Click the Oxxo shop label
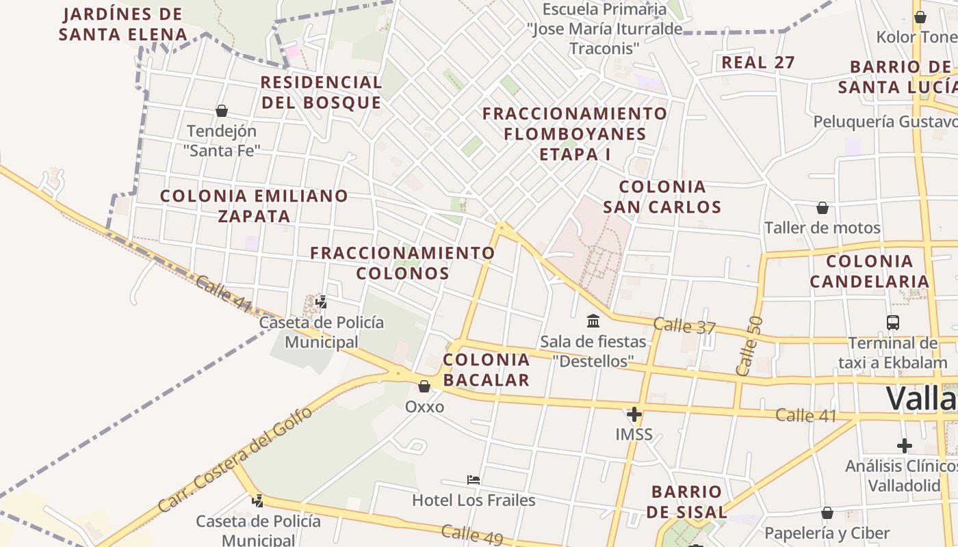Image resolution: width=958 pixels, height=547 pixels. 424,407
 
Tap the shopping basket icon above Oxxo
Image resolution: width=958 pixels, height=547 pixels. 424,386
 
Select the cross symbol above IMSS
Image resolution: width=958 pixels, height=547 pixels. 634,414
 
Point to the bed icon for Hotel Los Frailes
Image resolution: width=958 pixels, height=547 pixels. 473,479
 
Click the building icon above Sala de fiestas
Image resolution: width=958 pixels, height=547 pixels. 593,320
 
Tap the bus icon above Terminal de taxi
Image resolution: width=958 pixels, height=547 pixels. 892,322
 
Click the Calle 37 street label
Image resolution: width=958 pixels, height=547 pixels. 684,326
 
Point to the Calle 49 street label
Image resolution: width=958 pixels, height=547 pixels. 471,535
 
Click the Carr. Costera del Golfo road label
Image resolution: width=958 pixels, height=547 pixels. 235,459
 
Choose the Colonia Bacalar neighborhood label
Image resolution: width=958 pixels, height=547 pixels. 487,370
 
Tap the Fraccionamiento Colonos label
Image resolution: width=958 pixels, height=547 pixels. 402,263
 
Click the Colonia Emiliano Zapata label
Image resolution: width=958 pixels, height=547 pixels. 254,206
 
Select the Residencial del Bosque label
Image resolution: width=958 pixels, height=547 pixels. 321,92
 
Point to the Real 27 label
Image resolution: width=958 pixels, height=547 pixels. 758,62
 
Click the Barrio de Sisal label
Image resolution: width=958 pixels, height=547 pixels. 686,502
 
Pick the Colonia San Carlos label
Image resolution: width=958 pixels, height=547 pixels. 662,197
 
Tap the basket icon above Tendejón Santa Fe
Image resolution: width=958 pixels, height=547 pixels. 221,111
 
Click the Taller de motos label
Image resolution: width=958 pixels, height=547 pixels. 822,228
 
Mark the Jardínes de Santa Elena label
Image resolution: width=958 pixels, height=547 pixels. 122,24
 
